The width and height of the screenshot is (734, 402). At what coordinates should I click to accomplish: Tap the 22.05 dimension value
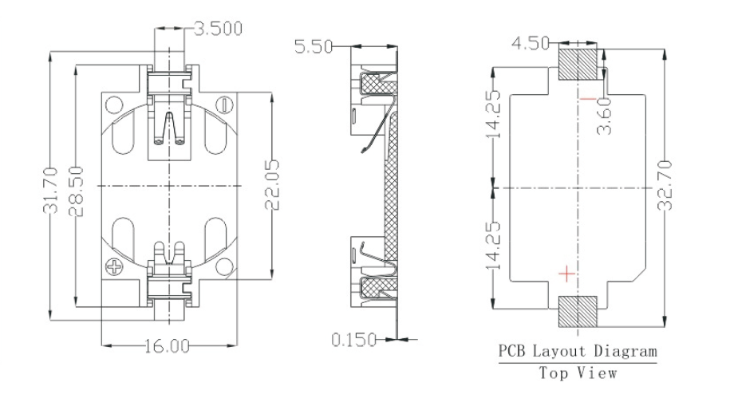tap(274, 188)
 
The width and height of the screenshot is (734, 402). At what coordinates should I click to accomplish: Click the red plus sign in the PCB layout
tap(566, 274)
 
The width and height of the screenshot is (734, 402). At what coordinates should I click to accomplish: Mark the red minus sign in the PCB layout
tap(587, 99)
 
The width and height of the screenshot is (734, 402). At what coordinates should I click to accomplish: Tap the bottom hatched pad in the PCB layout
tap(578, 311)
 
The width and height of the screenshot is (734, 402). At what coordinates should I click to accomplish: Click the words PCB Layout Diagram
tap(578, 351)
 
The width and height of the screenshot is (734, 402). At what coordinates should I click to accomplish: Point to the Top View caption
tap(578, 372)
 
